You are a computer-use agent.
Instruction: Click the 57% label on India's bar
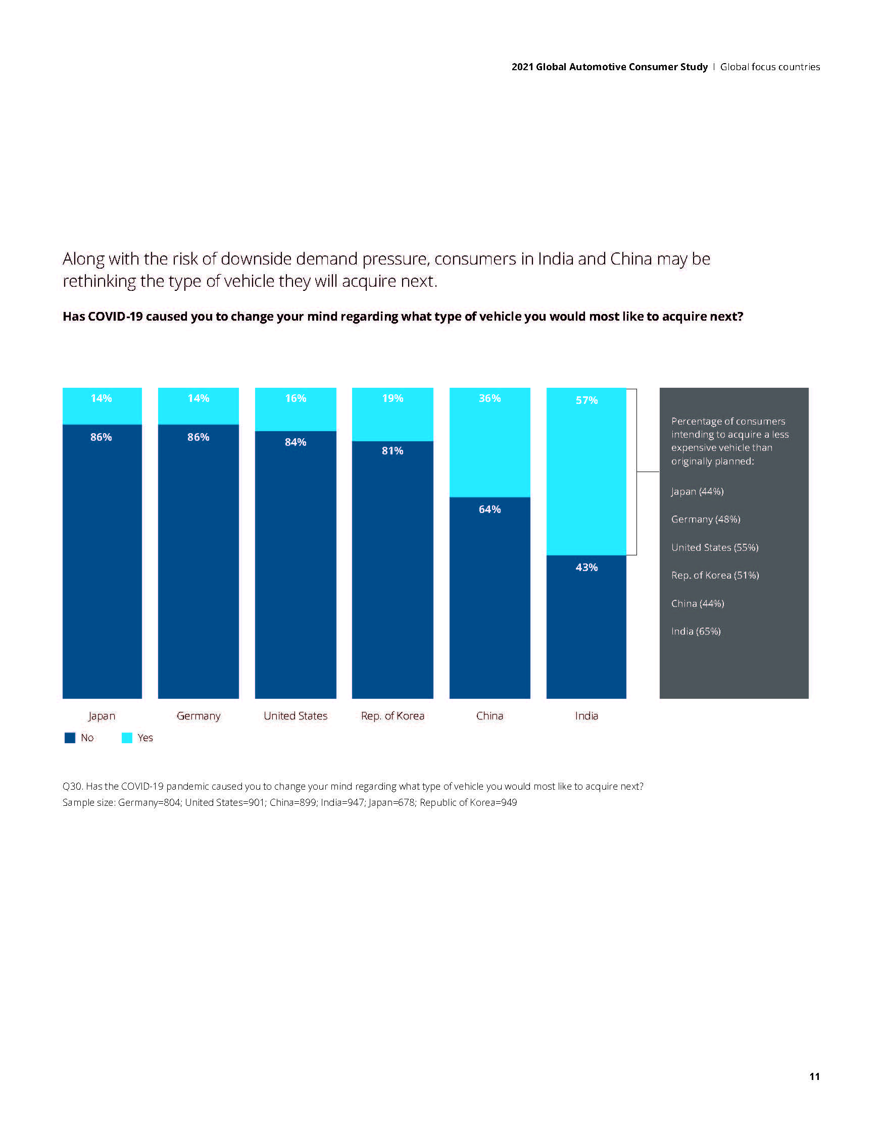(586, 400)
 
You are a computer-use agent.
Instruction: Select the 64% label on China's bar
(489, 509)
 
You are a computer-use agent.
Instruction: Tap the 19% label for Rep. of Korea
(393, 398)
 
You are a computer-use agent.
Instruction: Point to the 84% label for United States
(296, 442)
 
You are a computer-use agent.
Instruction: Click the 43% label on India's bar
(586, 567)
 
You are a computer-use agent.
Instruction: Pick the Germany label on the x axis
(198, 715)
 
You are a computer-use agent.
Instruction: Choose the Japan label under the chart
(102, 715)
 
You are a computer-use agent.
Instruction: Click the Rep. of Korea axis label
(393, 715)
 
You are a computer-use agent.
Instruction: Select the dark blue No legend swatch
(70, 738)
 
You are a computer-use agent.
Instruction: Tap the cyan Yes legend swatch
(127, 738)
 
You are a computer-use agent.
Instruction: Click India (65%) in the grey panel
(696, 632)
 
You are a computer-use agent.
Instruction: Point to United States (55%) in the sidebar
(714, 547)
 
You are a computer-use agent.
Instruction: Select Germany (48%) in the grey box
(706, 519)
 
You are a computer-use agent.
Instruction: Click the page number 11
(814, 1076)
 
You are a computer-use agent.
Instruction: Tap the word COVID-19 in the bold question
(115, 317)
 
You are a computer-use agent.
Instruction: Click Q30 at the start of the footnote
(72, 786)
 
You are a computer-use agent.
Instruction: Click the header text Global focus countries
(770, 67)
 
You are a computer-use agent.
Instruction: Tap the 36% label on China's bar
(489, 398)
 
